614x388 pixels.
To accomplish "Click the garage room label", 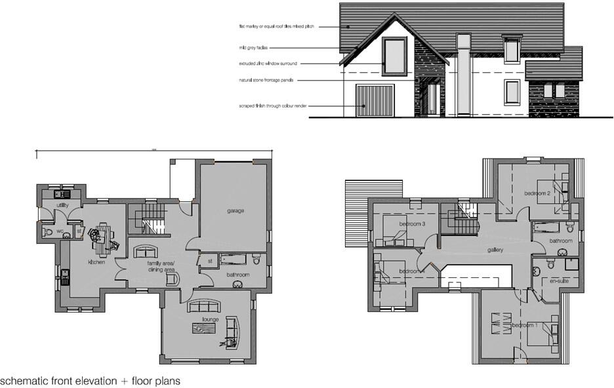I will (x=235, y=211).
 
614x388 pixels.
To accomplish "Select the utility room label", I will (x=62, y=205).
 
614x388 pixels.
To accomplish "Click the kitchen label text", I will (x=97, y=262).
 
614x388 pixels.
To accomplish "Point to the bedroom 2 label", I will (x=537, y=193).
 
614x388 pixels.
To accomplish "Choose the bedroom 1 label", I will (x=525, y=326).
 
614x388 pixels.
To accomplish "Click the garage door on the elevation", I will (x=375, y=101).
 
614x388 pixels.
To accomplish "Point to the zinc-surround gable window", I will (x=394, y=56).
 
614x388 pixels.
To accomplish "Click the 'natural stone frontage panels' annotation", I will (x=266, y=80).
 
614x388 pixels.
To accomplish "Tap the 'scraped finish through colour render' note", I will (x=274, y=105).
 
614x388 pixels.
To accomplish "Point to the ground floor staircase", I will (x=153, y=218).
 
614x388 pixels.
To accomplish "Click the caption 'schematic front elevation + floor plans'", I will (x=90, y=380).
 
